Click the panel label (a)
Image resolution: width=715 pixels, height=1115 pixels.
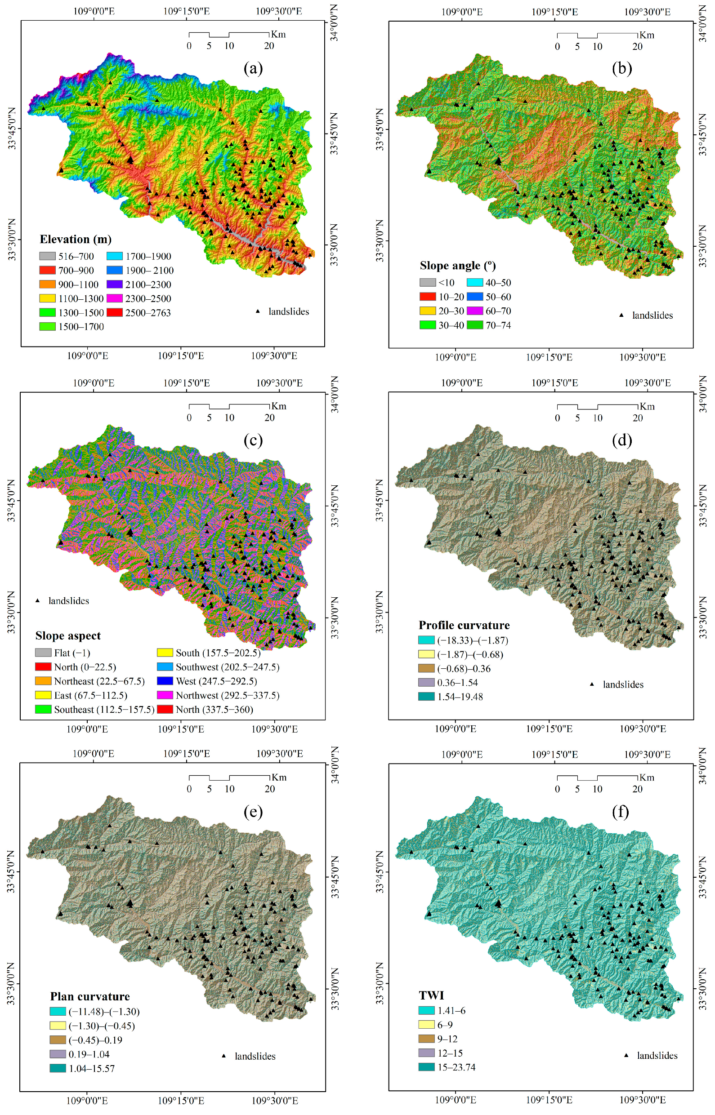(x=253, y=69)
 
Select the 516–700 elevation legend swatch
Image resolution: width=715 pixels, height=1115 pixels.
(x=47, y=256)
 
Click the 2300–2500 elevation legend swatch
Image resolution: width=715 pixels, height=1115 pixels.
(x=114, y=298)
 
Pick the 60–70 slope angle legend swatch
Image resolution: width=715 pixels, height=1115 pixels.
(x=475, y=311)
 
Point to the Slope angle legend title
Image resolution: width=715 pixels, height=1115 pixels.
(x=457, y=266)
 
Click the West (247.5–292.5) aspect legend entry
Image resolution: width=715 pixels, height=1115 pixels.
(x=216, y=681)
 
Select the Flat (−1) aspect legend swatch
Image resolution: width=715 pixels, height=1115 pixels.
(x=43, y=653)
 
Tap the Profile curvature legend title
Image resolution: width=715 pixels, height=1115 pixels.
(x=464, y=625)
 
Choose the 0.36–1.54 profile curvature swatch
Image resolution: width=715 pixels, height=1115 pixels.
(x=426, y=683)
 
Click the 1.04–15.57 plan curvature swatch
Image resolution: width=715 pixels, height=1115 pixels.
(x=58, y=1068)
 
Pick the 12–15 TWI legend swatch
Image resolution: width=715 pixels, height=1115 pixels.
(x=426, y=1053)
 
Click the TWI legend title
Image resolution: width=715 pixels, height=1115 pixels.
(x=431, y=995)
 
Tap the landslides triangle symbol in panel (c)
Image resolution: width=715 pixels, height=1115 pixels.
(x=38, y=600)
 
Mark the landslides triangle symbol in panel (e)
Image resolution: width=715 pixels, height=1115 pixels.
(x=224, y=1056)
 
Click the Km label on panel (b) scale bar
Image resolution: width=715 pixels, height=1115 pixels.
(x=646, y=35)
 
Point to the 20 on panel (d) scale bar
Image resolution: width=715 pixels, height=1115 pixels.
(x=638, y=418)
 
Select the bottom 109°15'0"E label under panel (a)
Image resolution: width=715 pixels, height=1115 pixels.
(x=181, y=356)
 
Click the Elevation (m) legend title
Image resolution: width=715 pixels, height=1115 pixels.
(x=76, y=240)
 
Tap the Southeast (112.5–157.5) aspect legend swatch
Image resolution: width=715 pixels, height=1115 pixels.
(x=43, y=709)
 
